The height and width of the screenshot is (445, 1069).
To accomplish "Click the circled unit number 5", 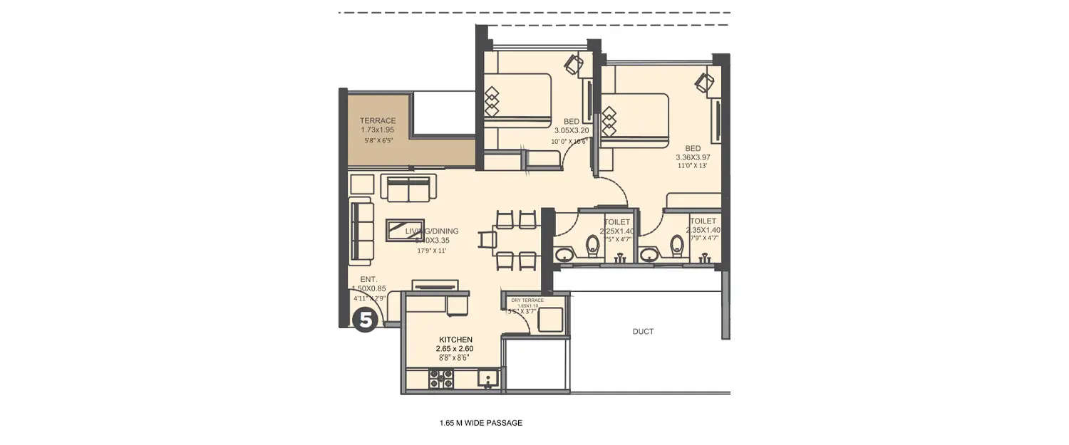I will tap(365, 320).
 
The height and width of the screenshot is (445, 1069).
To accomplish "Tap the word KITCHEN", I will tap(455, 339).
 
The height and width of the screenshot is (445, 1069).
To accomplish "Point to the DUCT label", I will tap(643, 332).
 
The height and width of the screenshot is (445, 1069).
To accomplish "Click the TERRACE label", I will tap(378, 121).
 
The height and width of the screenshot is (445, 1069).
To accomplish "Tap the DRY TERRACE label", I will tap(527, 300).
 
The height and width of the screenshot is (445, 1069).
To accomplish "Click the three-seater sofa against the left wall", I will tap(362, 231).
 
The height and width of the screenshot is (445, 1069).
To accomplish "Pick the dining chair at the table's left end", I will tap(488, 239).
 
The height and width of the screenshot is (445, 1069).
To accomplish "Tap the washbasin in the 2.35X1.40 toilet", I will tap(649, 253).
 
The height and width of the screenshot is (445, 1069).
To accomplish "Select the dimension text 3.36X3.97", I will tap(693, 157).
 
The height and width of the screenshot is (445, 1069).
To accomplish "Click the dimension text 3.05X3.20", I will tap(572, 131).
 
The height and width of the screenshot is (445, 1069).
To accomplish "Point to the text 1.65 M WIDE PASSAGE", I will tap(481, 423).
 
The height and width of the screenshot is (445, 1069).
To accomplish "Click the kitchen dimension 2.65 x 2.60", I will tap(455, 349).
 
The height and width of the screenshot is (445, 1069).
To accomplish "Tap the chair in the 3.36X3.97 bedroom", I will tap(704, 83).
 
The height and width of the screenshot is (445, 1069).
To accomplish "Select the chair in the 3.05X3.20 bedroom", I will tap(574, 63).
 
